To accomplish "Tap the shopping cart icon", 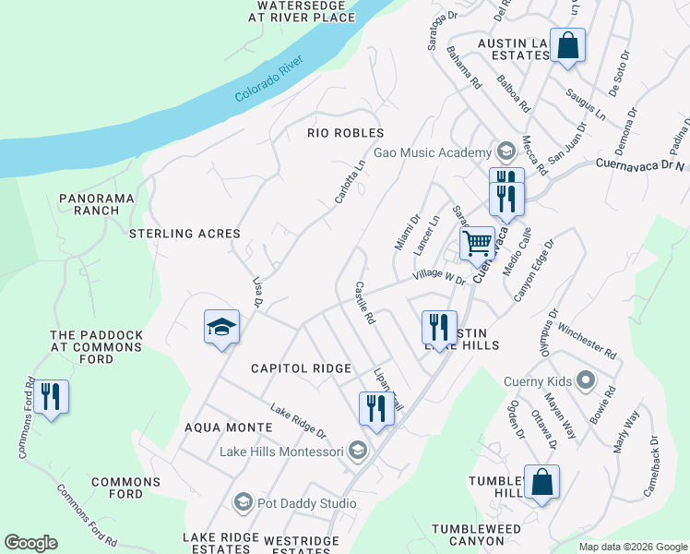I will [x=477, y=245].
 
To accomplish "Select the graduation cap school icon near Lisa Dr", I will [x=221, y=327].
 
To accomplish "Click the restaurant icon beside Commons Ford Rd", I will [x=51, y=398].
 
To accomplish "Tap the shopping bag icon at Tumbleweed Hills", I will [x=541, y=482].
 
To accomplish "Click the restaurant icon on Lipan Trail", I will [x=375, y=407].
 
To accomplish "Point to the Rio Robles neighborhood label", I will [x=345, y=133].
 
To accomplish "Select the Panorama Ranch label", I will [x=97, y=204].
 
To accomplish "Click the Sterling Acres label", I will [x=184, y=234].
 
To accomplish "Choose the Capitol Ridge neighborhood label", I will [x=302, y=368].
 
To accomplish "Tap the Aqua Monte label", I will [x=228, y=428].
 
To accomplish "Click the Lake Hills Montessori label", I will [x=281, y=452].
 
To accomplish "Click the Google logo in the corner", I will [x=30, y=543].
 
